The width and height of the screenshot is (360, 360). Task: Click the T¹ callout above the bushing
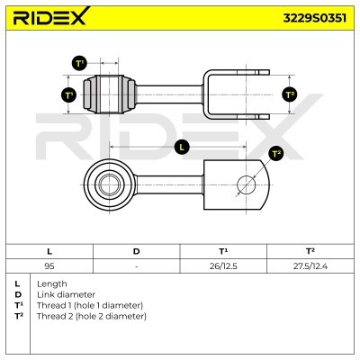point(79,63)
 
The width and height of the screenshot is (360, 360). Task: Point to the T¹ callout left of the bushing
point(69,94)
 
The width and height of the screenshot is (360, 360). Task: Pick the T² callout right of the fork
point(289,94)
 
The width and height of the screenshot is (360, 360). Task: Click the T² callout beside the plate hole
point(276,154)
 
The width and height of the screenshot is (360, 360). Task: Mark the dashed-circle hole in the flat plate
point(247,186)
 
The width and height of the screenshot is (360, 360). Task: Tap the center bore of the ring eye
point(106,186)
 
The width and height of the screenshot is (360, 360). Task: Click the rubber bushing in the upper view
point(111,93)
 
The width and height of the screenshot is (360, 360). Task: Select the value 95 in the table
point(49,266)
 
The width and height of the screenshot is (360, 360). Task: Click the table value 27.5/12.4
point(309,266)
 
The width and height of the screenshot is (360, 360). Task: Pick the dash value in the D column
point(136,266)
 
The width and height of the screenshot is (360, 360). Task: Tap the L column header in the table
point(49,251)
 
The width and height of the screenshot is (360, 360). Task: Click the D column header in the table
point(136,251)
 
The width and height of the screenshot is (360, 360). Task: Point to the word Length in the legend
point(52,284)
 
